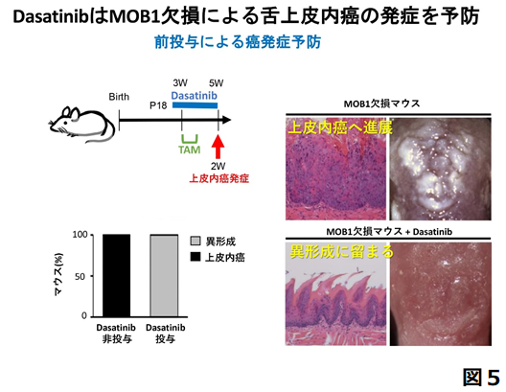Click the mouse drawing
[x=82, y=125]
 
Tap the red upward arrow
[x=218, y=147]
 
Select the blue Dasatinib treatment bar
[x=195, y=105]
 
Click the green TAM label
[x=190, y=150]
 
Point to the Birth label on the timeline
[x=119, y=97]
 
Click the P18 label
[x=158, y=105]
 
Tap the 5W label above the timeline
[x=216, y=83]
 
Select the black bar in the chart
[x=117, y=275]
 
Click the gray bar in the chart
[x=164, y=275]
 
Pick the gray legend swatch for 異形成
[x=195, y=241]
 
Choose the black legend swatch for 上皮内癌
[x=195, y=257]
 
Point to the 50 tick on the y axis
[x=80, y=276]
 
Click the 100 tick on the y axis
[x=80, y=235]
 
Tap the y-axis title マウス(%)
[x=58, y=275]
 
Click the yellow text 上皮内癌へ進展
[x=340, y=127]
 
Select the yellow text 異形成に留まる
[x=341, y=252]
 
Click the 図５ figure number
[x=481, y=377]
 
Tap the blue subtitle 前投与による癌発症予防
[x=238, y=42]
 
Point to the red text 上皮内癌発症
[x=218, y=178]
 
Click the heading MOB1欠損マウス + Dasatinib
[x=389, y=232]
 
